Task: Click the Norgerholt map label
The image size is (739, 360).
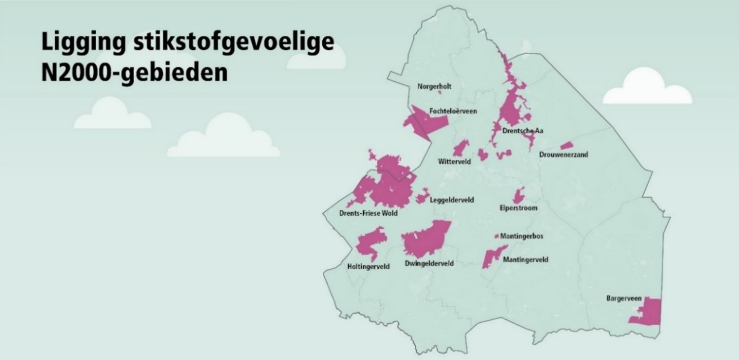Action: coord(434,87)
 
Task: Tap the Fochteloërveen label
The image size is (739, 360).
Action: coord(453,111)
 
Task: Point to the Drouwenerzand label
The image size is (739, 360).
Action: coord(563,154)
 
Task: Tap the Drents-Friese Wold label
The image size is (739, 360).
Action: coord(364,213)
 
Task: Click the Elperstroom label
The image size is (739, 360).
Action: coord(518,208)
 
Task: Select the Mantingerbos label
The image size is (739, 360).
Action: coord(522,236)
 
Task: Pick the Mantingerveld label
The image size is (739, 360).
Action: coord(525,260)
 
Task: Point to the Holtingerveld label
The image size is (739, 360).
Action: coord(369,266)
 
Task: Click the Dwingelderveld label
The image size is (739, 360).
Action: coord(429,263)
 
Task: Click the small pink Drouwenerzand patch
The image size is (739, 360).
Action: coord(566,145)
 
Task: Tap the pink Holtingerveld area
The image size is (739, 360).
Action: coord(370,243)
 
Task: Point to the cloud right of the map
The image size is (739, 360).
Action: coord(647,89)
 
